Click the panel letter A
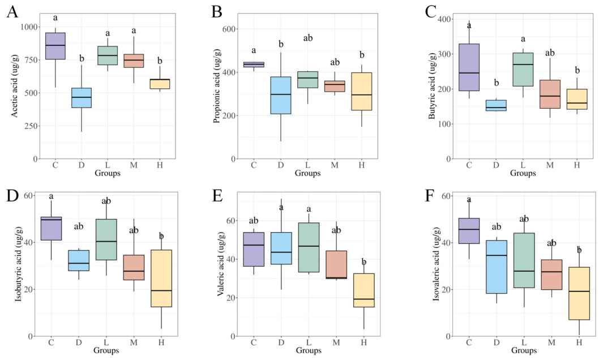[12, 12]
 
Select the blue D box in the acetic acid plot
[82, 98]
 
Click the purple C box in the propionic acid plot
[254, 65]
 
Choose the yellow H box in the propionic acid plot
[362, 92]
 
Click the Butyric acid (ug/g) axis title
[431, 85]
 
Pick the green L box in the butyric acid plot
[523, 70]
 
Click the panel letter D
[12, 196]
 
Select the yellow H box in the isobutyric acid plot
[161, 278]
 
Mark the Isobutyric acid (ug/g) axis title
[19, 269]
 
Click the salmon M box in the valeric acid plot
[336, 264]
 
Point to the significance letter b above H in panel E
[364, 262]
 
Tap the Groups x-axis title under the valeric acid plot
[309, 350]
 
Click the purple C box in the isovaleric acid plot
[469, 231]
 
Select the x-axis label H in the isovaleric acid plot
[579, 342]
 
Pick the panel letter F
[429, 196]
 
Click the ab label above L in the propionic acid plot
[308, 38]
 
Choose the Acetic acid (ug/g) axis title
[14, 85]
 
